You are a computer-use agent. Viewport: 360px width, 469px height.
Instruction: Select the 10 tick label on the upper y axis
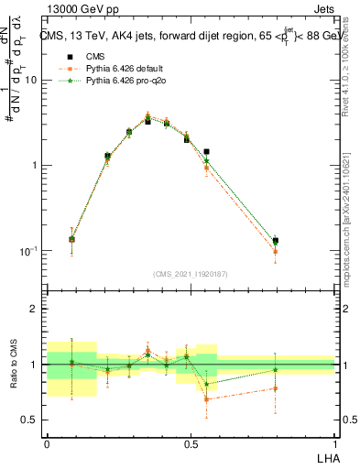(30, 81)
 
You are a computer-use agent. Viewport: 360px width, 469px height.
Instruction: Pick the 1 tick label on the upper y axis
(34, 166)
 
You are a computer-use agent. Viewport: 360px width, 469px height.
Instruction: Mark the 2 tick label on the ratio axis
(34, 309)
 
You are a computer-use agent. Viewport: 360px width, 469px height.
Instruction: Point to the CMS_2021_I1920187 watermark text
(191, 274)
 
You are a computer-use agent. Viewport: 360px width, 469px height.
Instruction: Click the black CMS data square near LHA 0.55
(206, 151)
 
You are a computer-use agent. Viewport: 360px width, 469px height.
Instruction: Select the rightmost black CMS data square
(275, 241)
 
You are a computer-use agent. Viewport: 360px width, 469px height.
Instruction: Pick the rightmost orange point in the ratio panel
(275, 388)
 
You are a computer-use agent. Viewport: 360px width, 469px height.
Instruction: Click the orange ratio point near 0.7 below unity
(206, 398)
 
